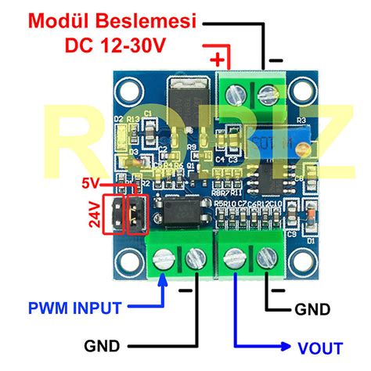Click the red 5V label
92,185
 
